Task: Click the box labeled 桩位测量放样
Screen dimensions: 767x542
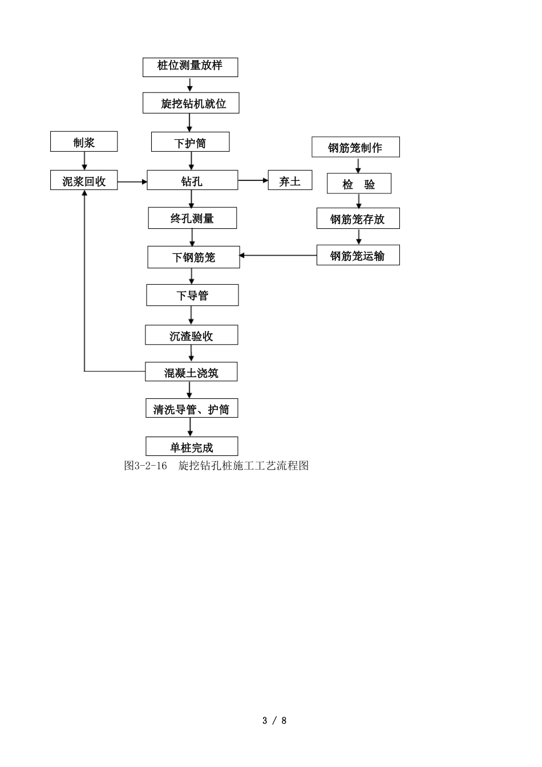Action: (x=190, y=67)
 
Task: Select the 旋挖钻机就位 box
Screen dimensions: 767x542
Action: (x=191, y=103)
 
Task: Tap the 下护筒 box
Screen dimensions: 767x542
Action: (x=190, y=142)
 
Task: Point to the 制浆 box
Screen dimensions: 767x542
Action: (x=84, y=142)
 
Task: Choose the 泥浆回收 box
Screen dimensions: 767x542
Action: (x=84, y=180)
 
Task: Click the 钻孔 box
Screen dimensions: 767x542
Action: (x=192, y=180)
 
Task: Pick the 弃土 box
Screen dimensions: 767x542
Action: (x=290, y=180)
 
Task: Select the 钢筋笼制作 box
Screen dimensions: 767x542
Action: (x=355, y=147)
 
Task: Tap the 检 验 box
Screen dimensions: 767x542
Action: (x=358, y=184)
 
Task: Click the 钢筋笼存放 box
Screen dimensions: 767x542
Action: (x=358, y=219)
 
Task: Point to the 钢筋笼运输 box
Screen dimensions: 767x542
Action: (x=358, y=255)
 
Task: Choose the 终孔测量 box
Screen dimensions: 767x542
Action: (x=192, y=218)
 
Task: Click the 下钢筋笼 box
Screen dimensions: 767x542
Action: (x=193, y=257)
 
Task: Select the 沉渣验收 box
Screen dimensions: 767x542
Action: (x=191, y=335)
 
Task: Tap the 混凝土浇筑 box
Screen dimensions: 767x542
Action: (x=191, y=372)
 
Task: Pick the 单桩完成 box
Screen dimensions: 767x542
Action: (x=192, y=446)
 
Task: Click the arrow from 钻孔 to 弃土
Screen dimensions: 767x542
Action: (x=253, y=180)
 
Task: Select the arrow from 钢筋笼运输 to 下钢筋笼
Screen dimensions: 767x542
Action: (x=278, y=255)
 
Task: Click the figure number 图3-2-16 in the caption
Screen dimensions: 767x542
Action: (x=145, y=466)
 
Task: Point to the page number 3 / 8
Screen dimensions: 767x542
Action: (x=274, y=720)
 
